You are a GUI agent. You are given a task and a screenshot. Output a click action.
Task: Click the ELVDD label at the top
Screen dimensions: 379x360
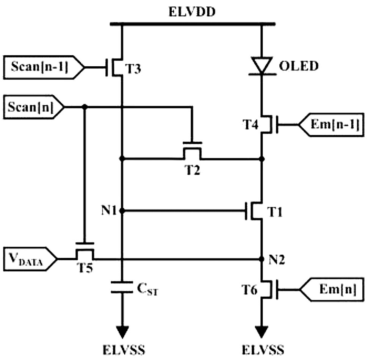point(192,12)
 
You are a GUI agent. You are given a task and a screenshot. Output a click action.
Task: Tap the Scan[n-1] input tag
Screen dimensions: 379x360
point(44,67)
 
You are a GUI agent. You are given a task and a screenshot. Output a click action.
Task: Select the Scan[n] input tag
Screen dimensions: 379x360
point(34,107)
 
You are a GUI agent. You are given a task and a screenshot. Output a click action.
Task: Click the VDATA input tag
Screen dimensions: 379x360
point(30,259)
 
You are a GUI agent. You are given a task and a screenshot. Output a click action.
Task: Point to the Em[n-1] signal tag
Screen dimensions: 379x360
point(331,125)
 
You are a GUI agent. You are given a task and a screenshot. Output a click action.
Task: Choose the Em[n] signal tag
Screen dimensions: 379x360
point(332,290)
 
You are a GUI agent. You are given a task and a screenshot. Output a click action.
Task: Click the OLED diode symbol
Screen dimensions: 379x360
point(262,66)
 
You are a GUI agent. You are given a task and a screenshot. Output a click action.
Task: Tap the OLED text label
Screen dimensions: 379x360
point(299,66)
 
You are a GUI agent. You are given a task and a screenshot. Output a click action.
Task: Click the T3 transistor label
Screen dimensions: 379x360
point(133,69)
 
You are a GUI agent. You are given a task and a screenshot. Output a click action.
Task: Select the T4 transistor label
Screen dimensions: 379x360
point(251,125)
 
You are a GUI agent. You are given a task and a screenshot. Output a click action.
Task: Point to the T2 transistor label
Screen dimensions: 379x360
point(193,170)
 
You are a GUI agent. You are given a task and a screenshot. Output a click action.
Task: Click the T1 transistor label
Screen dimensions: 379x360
point(274,212)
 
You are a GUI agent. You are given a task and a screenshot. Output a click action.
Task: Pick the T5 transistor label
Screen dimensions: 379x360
point(85,268)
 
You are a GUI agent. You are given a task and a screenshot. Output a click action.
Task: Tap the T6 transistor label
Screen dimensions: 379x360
point(249,290)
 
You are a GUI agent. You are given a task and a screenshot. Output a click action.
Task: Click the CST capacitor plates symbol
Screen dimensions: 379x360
point(122,287)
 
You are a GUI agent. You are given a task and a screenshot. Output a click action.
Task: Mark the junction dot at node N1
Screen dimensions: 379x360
point(122,211)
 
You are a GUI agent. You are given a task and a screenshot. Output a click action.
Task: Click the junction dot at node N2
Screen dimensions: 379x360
point(262,259)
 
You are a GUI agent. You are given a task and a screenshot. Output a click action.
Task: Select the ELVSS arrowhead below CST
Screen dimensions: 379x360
point(122,332)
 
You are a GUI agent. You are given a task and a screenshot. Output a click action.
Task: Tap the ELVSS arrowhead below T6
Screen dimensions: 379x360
point(262,332)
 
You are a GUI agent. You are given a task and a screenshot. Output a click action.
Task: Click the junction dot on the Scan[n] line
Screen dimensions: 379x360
point(85,106)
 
